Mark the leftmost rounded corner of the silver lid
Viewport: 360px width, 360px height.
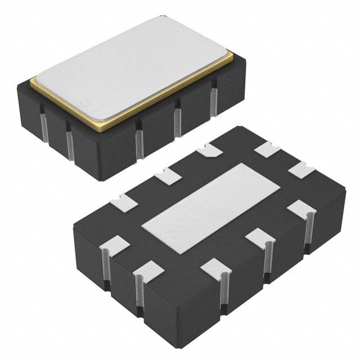(x=33, y=79)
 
